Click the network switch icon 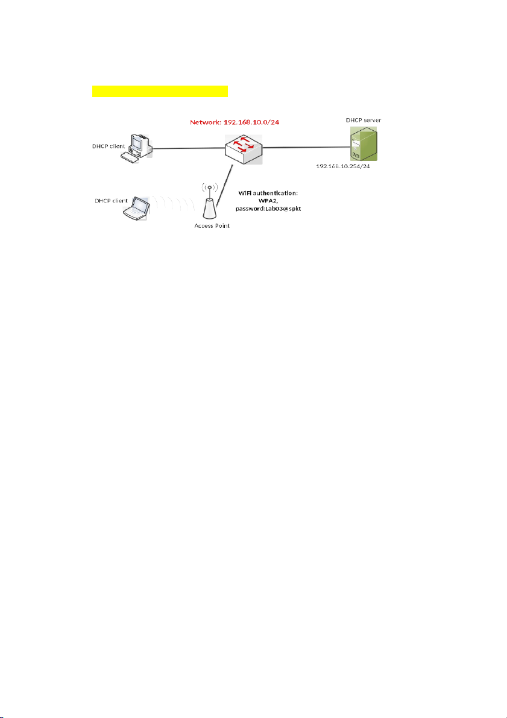[x=244, y=150]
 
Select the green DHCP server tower [x=364, y=144]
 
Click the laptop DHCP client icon [x=137, y=209]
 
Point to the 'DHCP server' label [x=364, y=121]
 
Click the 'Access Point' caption [x=210, y=226]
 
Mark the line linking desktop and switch [x=188, y=148]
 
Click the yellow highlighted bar [x=160, y=90]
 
